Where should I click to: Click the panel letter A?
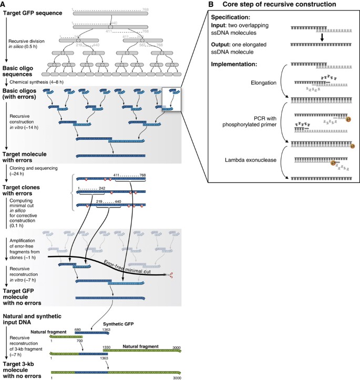pyautogui.click(x=4, y=4)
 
